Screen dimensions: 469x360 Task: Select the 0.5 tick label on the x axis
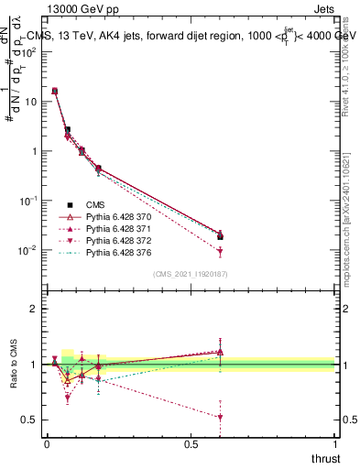click(191, 444)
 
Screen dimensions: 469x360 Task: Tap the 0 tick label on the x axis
click(47, 444)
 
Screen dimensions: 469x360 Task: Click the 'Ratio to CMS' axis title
click(12, 365)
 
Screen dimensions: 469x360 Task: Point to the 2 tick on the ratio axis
click(35, 310)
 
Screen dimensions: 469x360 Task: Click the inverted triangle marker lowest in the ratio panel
click(220, 417)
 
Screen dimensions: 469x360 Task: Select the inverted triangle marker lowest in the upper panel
click(220, 252)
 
